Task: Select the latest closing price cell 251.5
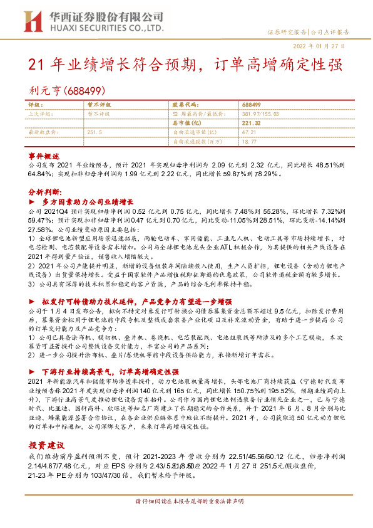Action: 95,133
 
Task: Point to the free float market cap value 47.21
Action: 248,133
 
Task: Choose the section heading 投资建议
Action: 46,445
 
